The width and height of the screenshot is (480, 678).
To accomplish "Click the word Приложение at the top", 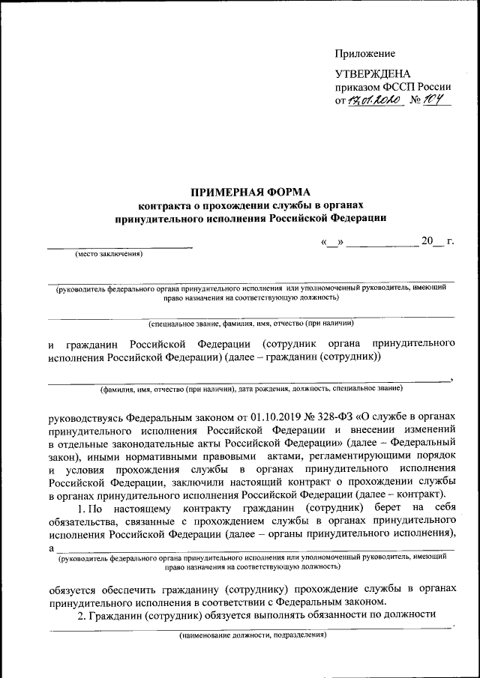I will tap(364, 54).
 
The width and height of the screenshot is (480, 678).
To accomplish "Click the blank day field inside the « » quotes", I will tap(333, 242).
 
